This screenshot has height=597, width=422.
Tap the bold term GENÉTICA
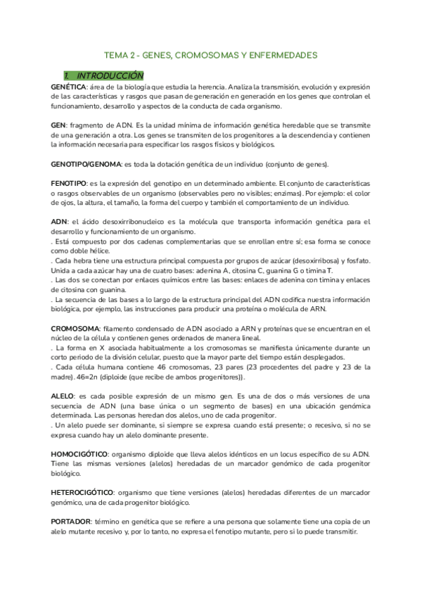[68, 86]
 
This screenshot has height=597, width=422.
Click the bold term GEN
[58, 124]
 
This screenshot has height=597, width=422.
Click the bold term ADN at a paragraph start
[59, 221]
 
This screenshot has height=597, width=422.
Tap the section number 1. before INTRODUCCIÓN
[66, 75]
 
